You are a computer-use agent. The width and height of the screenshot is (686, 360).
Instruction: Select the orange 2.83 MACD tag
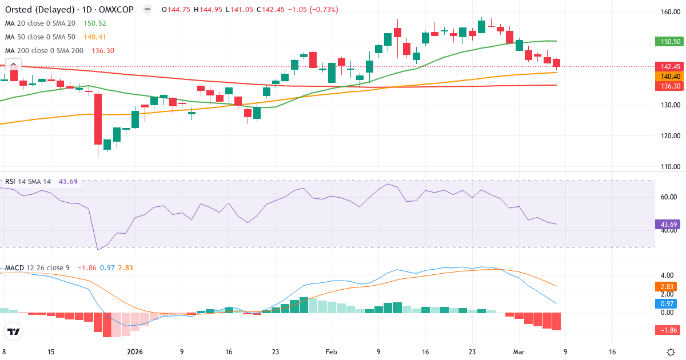666,286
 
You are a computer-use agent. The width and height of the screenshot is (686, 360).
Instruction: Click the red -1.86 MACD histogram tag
666,330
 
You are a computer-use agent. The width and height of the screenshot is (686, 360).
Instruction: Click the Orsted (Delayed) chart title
40,10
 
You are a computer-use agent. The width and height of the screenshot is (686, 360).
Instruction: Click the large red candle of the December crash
98,119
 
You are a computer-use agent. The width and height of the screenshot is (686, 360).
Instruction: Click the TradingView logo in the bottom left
14,331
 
